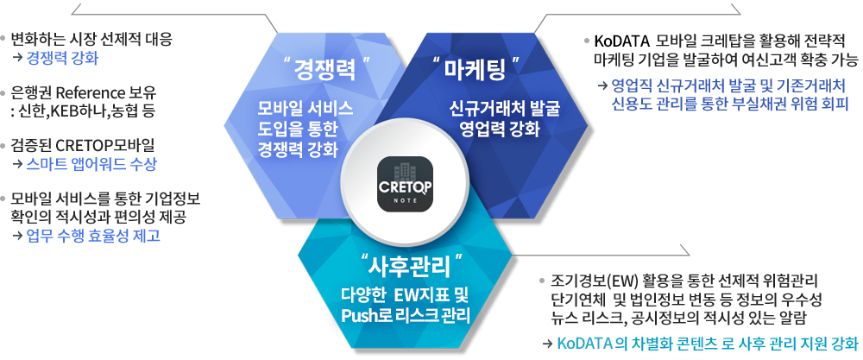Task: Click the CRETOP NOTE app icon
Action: (x=405, y=184)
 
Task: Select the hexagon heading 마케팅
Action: (x=475, y=70)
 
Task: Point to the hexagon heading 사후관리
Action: (x=411, y=268)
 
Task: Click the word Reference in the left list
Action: (x=90, y=92)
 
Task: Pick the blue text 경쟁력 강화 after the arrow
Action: (x=62, y=58)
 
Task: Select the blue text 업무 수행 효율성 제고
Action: (x=93, y=236)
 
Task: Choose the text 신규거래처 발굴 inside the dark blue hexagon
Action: (x=504, y=109)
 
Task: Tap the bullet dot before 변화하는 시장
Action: (x=3, y=39)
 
